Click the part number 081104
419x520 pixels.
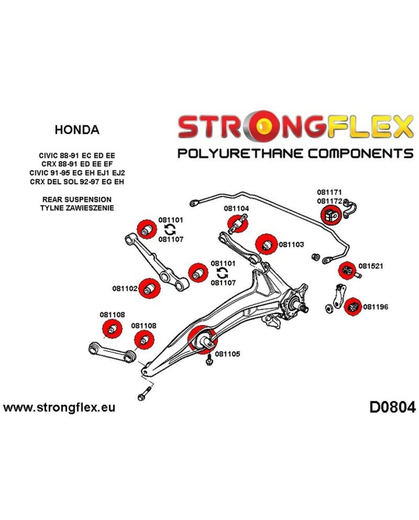pyautogui.click(x=236, y=209)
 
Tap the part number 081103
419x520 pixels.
pyautogui.click(x=292, y=244)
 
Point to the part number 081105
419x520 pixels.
pyautogui.click(x=227, y=354)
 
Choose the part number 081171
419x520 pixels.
pyautogui.click(x=329, y=193)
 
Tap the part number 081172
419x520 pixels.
pyautogui.click(x=329, y=201)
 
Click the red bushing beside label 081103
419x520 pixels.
pyautogui.click(x=265, y=244)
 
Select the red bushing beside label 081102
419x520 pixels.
pyautogui.click(x=149, y=288)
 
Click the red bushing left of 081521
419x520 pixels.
pyautogui.click(x=347, y=271)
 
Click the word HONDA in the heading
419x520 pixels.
pyautogui.click(x=77, y=129)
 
